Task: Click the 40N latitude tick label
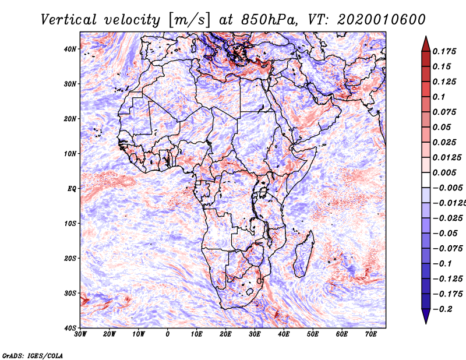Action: [69, 49]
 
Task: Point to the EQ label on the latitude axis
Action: [72, 189]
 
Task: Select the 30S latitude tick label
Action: [69, 293]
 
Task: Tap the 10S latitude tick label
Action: [69, 223]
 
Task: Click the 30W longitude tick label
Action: [80, 334]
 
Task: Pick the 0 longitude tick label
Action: [168, 334]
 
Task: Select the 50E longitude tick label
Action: [313, 334]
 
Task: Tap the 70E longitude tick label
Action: [370, 334]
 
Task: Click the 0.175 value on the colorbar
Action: [444, 51]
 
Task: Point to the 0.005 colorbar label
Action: [444, 172]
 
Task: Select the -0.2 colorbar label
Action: [442, 309]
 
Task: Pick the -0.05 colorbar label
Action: [445, 233]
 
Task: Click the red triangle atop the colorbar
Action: [426, 45]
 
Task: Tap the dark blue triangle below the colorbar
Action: [426, 316]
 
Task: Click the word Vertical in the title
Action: [68, 20]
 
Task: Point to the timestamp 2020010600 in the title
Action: [381, 20]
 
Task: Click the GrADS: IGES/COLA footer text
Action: [33, 355]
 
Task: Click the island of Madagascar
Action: [303, 254]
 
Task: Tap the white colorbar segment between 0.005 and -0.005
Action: [426, 180]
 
